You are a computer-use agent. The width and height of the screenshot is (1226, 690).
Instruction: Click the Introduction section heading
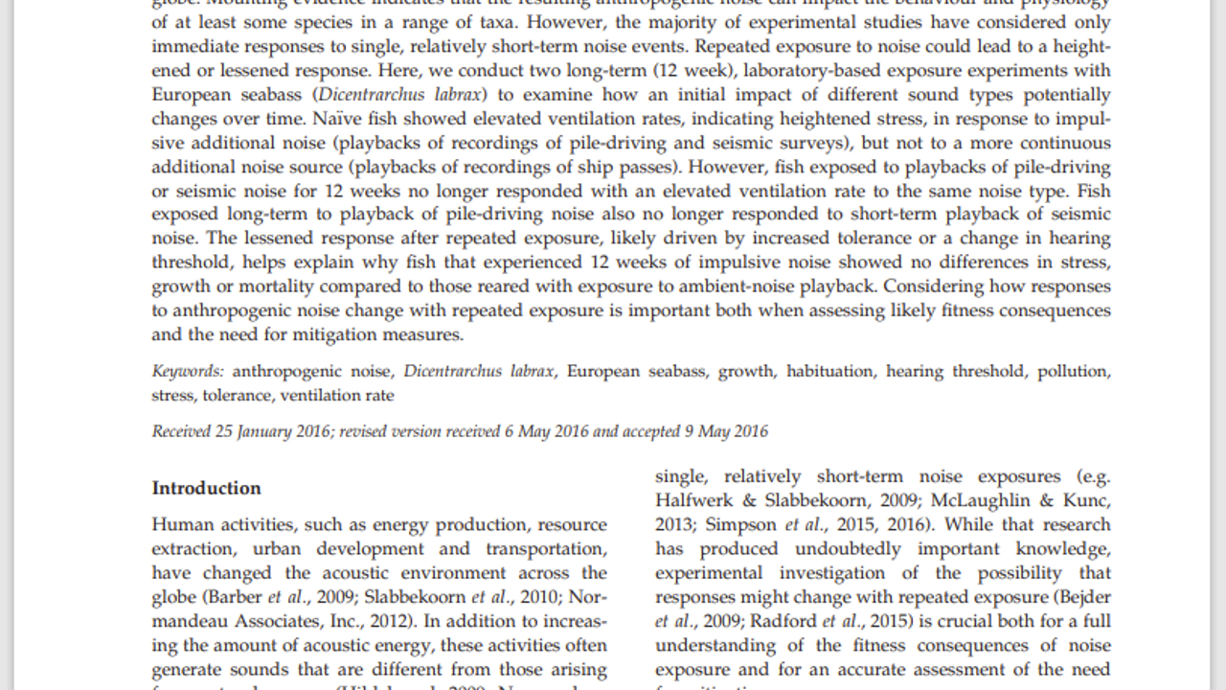coord(206,488)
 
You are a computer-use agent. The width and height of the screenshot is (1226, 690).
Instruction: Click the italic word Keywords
coord(188,371)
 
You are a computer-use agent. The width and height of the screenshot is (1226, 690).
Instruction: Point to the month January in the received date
coord(268,431)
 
